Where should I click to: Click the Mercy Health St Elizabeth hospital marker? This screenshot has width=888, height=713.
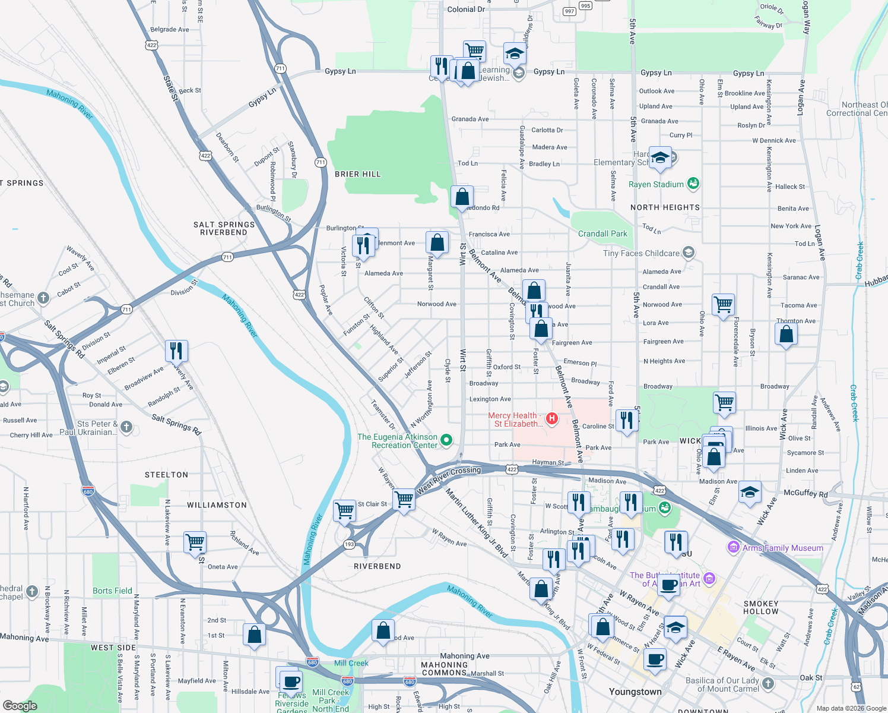tap(552, 419)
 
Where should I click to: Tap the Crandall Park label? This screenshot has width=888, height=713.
tap(602, 234)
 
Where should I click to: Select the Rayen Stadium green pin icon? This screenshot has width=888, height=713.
tap(693, 184)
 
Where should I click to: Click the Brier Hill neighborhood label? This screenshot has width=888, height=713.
tap(357, 174)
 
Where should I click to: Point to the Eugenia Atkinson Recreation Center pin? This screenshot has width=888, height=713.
tap(446, 440)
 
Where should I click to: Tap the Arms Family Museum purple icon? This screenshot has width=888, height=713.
tap(734, 547)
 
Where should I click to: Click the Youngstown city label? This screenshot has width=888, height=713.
tap(635, 692)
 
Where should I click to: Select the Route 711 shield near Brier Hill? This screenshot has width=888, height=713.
tap(321, 162)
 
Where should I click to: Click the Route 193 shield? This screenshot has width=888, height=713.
tap(349, 544)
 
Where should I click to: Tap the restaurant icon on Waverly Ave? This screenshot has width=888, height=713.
tap(176, 351)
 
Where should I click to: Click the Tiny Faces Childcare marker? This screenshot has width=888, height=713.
tap(688, 253)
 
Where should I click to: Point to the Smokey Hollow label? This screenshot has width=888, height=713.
tap(760, 607)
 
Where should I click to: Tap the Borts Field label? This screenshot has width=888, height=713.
tap(112, 591)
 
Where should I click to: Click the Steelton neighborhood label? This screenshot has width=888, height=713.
tap(166, 475)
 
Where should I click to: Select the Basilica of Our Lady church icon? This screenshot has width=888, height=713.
tap(768, 683)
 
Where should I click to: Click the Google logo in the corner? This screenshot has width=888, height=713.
tap(20, 705)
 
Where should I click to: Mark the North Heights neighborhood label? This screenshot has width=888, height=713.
tap(665, 207)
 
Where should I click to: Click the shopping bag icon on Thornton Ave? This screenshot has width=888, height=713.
tap(786, 335)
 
